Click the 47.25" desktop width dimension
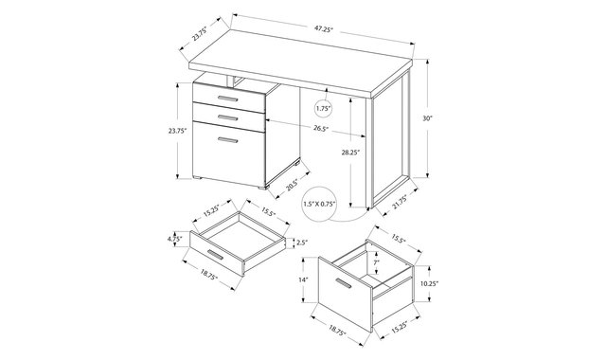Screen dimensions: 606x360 (324, 29)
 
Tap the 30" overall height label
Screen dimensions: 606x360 (427, 118)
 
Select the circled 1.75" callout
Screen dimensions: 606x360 (324, 109)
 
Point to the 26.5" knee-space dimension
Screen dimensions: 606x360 (320, 129)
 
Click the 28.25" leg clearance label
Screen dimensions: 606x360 (350, 153)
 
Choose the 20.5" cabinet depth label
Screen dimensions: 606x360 (293, 186)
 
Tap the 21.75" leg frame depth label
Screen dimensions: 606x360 (400, 202)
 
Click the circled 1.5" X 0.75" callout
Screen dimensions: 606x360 (319, 205)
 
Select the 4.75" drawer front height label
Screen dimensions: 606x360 (174, 239)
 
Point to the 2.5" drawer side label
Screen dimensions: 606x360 (302, 243)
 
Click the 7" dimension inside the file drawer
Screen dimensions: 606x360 (376, 262)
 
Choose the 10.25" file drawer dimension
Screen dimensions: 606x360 (429, 283)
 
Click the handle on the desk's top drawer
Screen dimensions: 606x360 (227, 98)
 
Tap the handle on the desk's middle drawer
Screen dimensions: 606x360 (227, 117)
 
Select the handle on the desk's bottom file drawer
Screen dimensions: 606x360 (227, 140)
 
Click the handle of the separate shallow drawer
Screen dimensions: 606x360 (215, 255)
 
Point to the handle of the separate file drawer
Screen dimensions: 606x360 (343, 283)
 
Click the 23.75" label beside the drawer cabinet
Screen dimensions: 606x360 (177, 131)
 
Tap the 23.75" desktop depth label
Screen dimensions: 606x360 (200, 33)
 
